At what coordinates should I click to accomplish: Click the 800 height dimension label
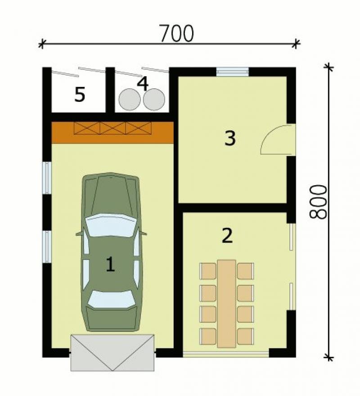(x=318, y=202)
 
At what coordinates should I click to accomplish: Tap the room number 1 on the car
(x=110, y=264)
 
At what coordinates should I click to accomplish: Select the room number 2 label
(x=227, y=235)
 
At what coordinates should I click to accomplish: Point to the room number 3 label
(x=230, y=138)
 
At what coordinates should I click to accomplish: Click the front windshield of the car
(x=111, y=225)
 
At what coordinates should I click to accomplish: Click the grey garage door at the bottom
(x=112, y=353)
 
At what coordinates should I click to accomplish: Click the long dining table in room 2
(x=227, y=304)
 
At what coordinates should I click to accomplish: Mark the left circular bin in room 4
(x=130, y=100)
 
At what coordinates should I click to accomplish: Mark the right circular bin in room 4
(x=154, y=100)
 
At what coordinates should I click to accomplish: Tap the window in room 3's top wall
(x=233, y=72)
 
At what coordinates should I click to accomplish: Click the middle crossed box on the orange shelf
(x=113, y=128)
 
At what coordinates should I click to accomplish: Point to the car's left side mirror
(x=80, y=234)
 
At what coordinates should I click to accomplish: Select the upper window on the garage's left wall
(x=47, y=178)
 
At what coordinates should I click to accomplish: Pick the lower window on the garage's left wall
(x=47, y=247)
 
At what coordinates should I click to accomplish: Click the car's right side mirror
(x=143, y=233)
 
